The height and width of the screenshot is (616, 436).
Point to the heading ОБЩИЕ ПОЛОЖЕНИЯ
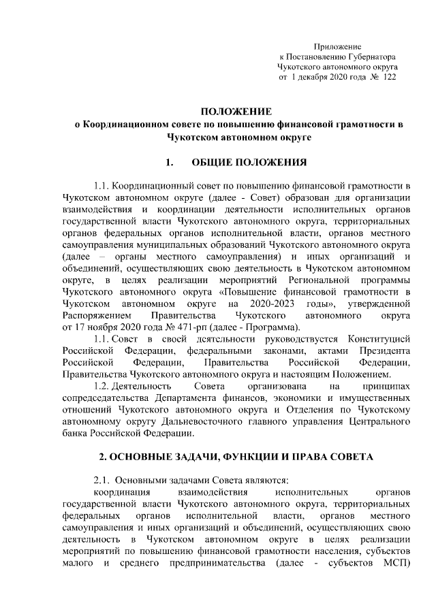coord(249,163)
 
